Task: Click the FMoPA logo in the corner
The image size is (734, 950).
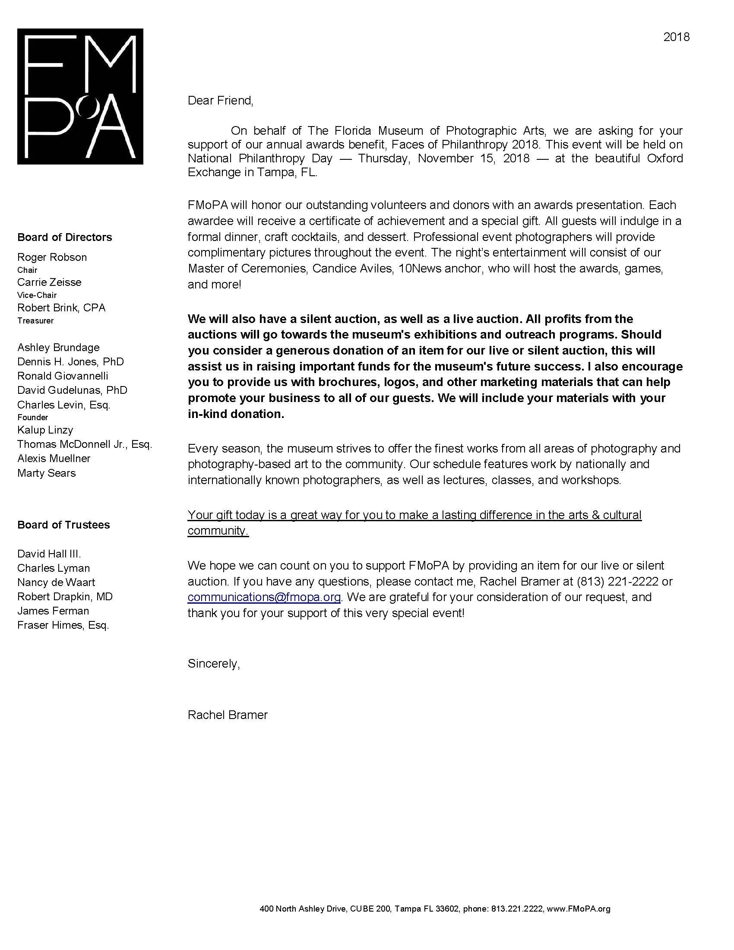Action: pos(80,96)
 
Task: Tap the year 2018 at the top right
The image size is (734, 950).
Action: pos(676,37)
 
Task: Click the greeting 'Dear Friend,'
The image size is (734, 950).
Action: pos(220,101)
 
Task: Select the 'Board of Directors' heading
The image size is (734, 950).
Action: pos(64,237)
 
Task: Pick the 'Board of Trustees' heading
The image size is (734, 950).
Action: pos(63,525)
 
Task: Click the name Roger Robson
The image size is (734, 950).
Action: pos(52,257)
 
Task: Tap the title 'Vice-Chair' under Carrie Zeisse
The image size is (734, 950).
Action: pos(37,295)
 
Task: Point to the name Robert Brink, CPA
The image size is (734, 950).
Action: pos(61,307)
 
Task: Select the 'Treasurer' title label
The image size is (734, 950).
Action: pos(35,320)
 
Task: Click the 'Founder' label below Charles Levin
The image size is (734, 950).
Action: pos(33,417)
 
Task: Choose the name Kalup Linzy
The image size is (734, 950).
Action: pos(45,430)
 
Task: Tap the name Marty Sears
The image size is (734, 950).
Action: pos(47,473)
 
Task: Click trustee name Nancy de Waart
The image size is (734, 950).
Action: pos(56,582)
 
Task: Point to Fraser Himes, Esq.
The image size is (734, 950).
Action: pos(63,625)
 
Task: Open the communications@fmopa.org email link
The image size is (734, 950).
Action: pos(264,597)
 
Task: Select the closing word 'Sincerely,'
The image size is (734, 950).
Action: pos(213,663)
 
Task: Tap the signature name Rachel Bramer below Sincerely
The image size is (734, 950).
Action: pos(228,715)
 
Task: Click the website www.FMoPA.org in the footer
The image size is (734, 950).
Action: pos(578,909)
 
